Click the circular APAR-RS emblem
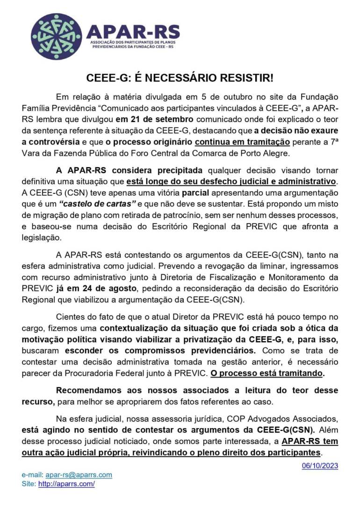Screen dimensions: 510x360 pyautogui.click(x=56, y=36)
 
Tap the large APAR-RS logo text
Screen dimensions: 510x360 pyautogui.click(x=133, y=31)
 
